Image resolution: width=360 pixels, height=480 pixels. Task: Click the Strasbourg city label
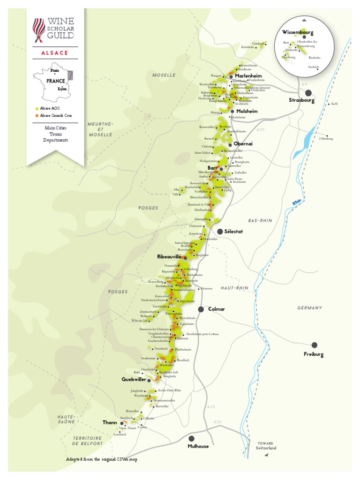pos(301,101)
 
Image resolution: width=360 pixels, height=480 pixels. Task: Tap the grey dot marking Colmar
pos(201,309)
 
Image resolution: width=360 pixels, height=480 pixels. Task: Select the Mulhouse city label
pos(198,446)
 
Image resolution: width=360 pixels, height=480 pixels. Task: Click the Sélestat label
pos(234,232)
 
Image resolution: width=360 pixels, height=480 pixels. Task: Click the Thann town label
pos(110,422)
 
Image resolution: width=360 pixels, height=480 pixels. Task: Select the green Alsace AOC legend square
pos(37,108)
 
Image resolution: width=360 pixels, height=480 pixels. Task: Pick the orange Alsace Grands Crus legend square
pos(37,115)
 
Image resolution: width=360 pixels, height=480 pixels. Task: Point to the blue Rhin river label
pos(296,202)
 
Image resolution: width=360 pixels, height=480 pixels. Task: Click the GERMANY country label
pos(309,308)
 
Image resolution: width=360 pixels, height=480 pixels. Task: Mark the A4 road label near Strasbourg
pos(304,84)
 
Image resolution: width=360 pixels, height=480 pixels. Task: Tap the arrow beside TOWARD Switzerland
pos(266,455)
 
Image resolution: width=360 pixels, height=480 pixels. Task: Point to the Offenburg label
pos(326,139)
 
